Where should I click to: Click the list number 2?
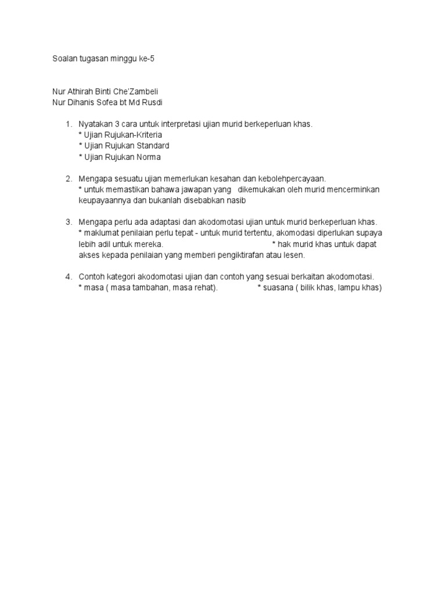68,178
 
